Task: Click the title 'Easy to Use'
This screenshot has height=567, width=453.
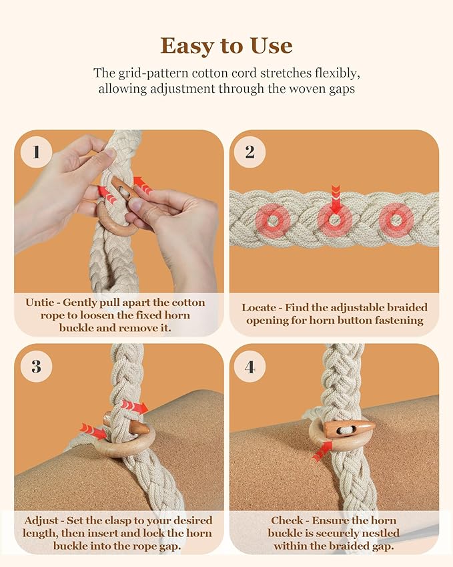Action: (226, 45)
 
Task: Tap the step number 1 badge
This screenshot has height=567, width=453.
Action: (36, 152)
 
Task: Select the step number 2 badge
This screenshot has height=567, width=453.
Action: (250, 152)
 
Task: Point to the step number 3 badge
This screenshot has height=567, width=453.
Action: (36, 366)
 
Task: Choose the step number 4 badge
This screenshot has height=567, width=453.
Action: (250, 366)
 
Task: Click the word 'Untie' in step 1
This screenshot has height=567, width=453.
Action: (40, 303)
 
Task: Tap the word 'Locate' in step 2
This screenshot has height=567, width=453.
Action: (258, 307)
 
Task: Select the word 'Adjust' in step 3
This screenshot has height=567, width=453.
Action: (41, 520)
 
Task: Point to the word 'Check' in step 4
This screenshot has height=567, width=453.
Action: (286, 520)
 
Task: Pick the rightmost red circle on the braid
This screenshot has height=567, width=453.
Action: (396, 219)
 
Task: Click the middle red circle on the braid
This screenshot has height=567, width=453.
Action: (334, 219)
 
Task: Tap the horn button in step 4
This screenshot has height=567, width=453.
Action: (349, 428)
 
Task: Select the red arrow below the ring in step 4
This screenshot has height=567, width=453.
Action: (322, 451)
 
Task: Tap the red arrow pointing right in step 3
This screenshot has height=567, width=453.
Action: (135, 407)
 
